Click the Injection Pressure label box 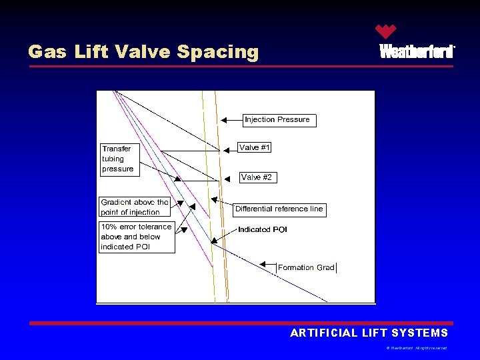[x=277, y=120]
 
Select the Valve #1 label [x=255, y=147]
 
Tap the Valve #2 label [x=257, y=177]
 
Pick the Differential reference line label [x=279, y=209]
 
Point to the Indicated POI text [x=263, y=229]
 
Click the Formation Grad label [x=306, y=267]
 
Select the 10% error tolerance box [x=137, y=237]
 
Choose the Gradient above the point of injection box [x=135, y=207]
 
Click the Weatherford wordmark [x=417, y=51]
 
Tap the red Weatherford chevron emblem [x=385, y=31]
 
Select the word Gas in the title [x=47, y=52]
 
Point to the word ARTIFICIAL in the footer [x=323, y=333]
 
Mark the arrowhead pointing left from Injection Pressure [x=225, y=120]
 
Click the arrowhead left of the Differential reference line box [x=214, y=199]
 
